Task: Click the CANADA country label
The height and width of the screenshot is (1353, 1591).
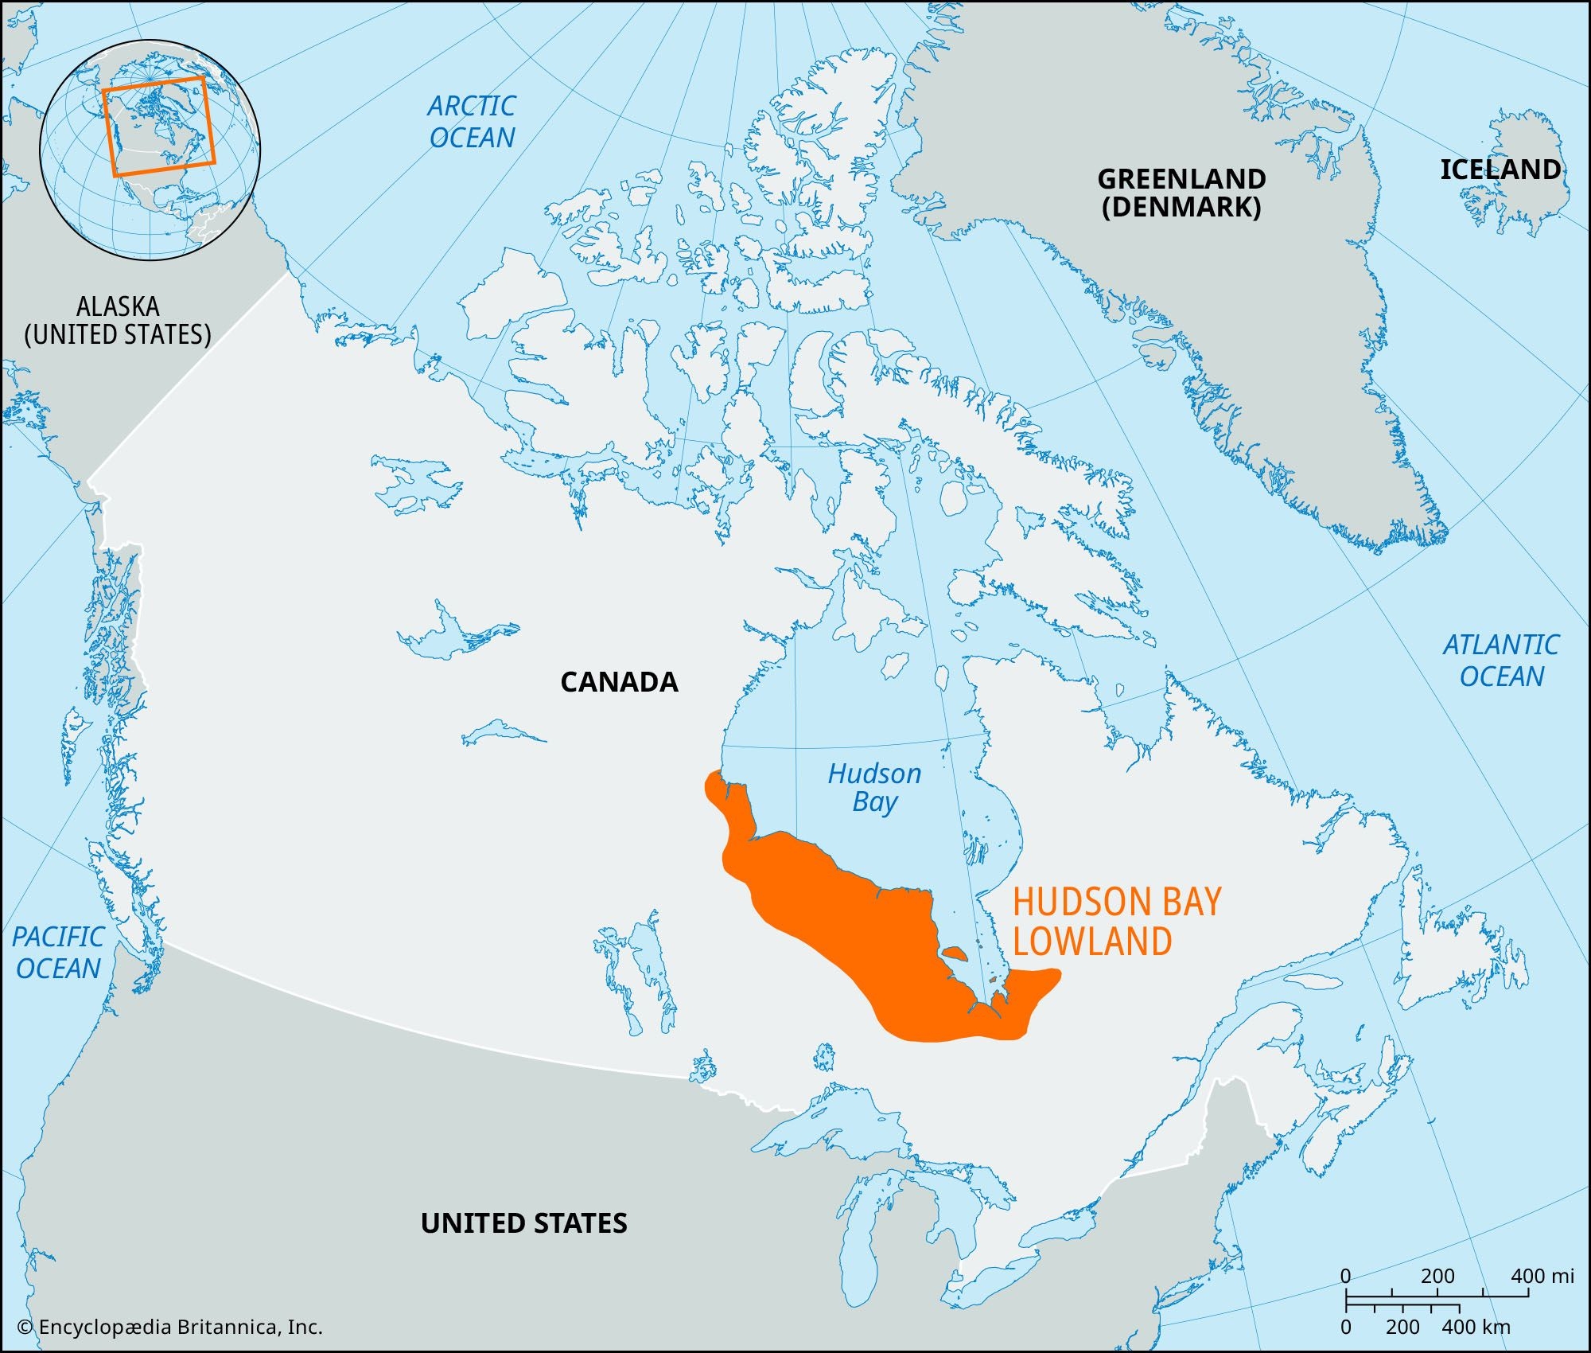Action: coord(619,682)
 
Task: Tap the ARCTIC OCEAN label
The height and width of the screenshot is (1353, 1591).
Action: coord(472,122)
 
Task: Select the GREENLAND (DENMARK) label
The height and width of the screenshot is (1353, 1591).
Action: coord(1181,193)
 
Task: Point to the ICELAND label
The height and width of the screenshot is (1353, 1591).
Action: coord(1500,170)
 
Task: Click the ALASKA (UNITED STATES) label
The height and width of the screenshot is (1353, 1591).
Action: coord(118,320)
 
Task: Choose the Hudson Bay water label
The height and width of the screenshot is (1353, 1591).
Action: coord(874,787)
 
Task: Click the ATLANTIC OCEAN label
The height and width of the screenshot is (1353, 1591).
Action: coord(1501,660)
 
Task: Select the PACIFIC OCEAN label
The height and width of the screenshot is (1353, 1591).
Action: coord(58,953)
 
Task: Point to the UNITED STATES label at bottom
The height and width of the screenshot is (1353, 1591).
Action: coord(523,1223)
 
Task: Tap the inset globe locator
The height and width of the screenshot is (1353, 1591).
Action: coord(150,150)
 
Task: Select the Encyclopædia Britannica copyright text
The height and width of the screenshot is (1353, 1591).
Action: coord(169,1327)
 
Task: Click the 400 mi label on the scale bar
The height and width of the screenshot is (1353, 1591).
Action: coord(1542,1276)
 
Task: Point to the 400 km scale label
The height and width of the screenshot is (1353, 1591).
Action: coord(1475,1327)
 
